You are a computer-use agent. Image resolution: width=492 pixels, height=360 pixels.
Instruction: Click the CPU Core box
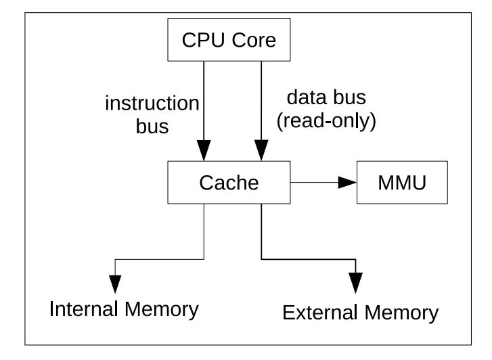[229, 40]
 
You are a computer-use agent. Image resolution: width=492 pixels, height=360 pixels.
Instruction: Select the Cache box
[229, 182]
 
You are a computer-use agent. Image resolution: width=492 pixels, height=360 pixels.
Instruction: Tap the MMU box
[402, 182]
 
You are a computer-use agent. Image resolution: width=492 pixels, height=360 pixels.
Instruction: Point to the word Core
[254, 40]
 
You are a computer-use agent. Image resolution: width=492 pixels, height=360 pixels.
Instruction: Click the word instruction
[152, 104]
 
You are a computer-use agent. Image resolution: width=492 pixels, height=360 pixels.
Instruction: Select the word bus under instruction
[152, 126]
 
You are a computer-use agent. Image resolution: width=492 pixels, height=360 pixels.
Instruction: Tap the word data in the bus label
[307, 97]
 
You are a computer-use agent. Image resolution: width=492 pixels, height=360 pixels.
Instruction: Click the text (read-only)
[326, 121]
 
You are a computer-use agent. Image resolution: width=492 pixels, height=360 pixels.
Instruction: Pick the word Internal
[83, 309]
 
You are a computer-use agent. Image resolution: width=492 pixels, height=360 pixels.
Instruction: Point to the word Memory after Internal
[162, 310]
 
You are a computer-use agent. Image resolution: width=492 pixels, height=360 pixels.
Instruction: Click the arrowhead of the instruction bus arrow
[204, 150]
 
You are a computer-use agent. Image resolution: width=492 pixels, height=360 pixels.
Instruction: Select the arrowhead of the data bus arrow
[261, 150]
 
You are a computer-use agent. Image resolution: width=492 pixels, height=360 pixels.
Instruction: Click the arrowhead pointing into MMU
[347, 182]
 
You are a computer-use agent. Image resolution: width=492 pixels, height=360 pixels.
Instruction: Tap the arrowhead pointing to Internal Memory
[115, 284]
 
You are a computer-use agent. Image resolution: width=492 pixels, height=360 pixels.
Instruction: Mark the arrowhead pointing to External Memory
[355, 283]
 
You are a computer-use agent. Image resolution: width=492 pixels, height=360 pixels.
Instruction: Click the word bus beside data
[350, 97]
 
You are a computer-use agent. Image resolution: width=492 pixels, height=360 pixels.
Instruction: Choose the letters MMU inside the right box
[402, 183]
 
